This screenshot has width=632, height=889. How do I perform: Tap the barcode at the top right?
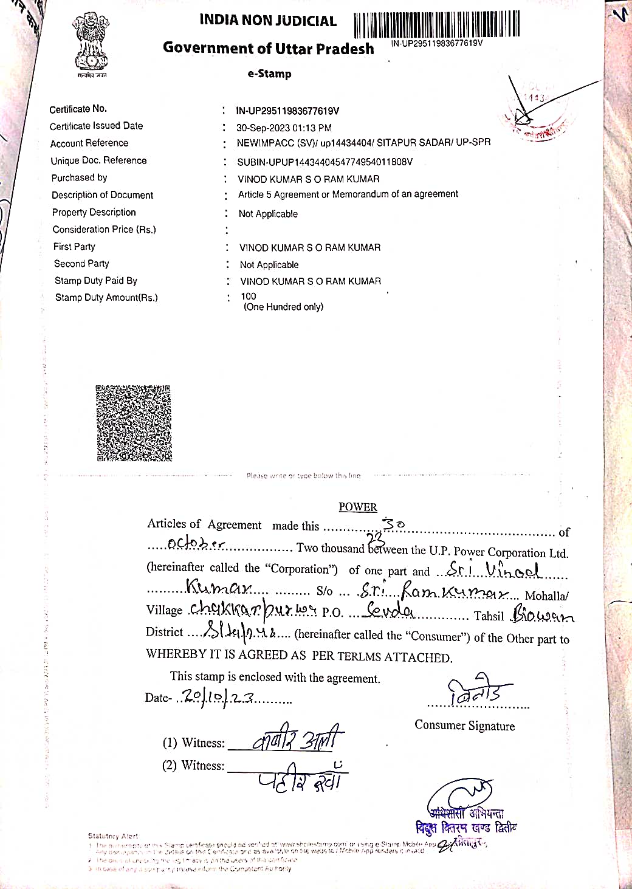pyautogui.click(x=436, y=25)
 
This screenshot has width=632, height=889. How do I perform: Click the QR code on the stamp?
pyautogui.click(x=134, y=423)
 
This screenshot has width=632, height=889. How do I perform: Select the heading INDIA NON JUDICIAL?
pyautogui.click(x=267, y=21)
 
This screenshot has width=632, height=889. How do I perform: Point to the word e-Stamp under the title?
pyautogui.click(x=269, y=74)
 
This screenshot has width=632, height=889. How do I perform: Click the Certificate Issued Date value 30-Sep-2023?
pyautogui.click(x=284, y=128)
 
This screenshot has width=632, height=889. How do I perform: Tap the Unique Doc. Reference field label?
pyautogui.click(x=98, y=160)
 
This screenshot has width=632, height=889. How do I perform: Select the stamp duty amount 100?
pyautogui.click(x=249, y=297)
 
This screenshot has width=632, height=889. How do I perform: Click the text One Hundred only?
pyautogui.click(x=283, y=307)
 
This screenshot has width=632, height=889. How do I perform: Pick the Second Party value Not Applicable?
pyautogui.click(x=269, y=265)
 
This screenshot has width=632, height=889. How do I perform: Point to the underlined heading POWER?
pyautogui.click(x=358, y=507)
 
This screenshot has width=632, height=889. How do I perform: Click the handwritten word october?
pyautogui.click(x=196, y=543)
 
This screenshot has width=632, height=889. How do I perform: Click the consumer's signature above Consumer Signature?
pyautogui.click(x=479, y=691)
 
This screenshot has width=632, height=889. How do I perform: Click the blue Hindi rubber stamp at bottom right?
pyautogui.click(x=466, y=820)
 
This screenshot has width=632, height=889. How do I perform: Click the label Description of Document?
pyautogui.click(x=102, y=195)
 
